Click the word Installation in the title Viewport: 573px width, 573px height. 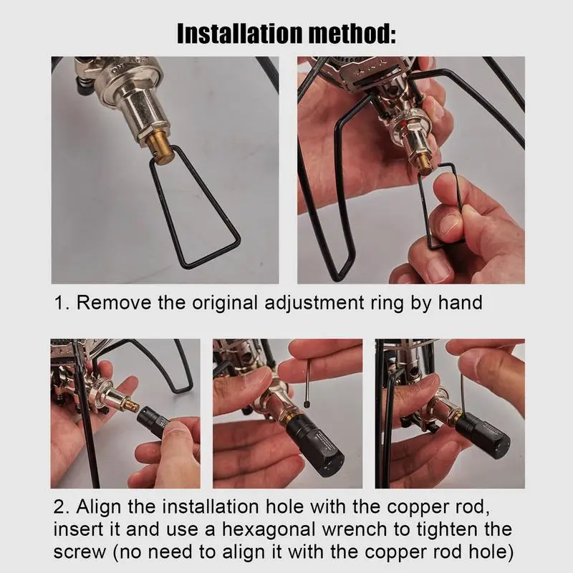(x=239, y=34)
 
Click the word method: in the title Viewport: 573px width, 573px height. (x=352, y=34)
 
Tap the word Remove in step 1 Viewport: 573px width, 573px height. (x=114, y=303)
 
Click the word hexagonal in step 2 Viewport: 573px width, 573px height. (x=269, y=530)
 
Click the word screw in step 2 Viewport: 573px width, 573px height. (x=80, y=552)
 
